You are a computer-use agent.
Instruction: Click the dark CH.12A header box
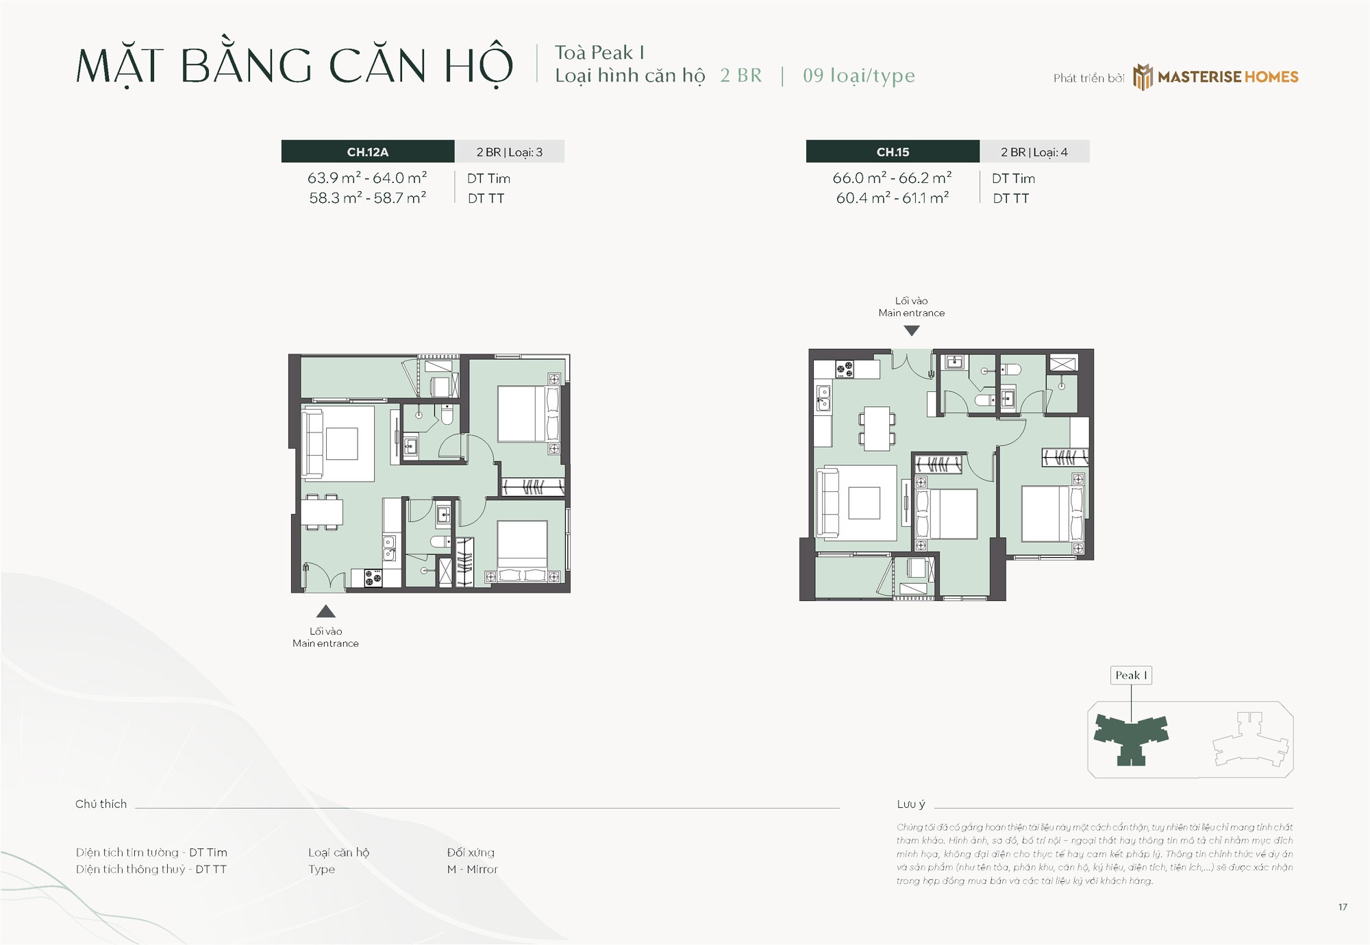pos(368,151)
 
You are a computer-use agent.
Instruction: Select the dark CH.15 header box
pos(893,151)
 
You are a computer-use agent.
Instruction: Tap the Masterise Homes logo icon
pos(1143,77)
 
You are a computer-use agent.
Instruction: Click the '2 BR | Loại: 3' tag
pos(510,151)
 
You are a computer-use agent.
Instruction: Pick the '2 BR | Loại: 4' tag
pos(1034,151)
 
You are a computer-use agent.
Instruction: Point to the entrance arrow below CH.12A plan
pos(326,611)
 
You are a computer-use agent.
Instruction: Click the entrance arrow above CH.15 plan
pos(912,330)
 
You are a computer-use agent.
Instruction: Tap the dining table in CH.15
pos(877,428)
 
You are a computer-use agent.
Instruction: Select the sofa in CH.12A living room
pos(313,443)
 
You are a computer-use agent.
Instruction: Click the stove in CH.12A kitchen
pos(373,578)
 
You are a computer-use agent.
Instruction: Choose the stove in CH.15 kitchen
pos(845,369)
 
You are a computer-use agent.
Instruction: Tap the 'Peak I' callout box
pos(1131,675)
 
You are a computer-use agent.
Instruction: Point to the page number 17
pos(1343,907)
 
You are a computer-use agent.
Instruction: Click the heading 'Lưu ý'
pos(911,804)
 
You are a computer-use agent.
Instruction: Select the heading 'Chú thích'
pos(101,804)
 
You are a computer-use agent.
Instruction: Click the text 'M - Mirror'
pos(473,869)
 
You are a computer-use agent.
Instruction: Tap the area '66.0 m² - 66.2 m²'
pos(893,177)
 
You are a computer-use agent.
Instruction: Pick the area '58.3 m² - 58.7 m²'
pos(368,197)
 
